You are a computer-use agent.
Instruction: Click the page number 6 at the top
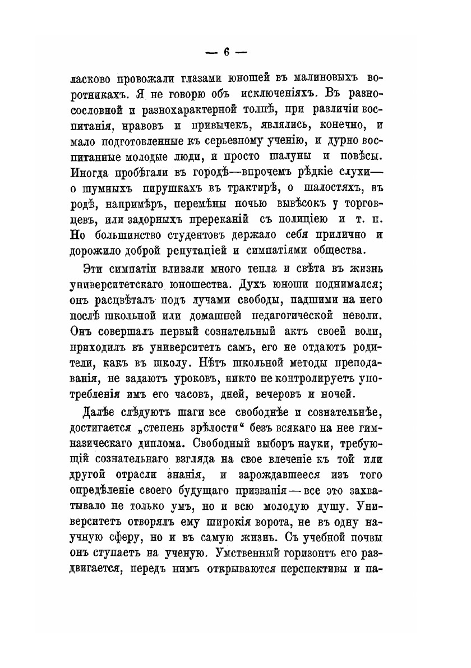(226, 52)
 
